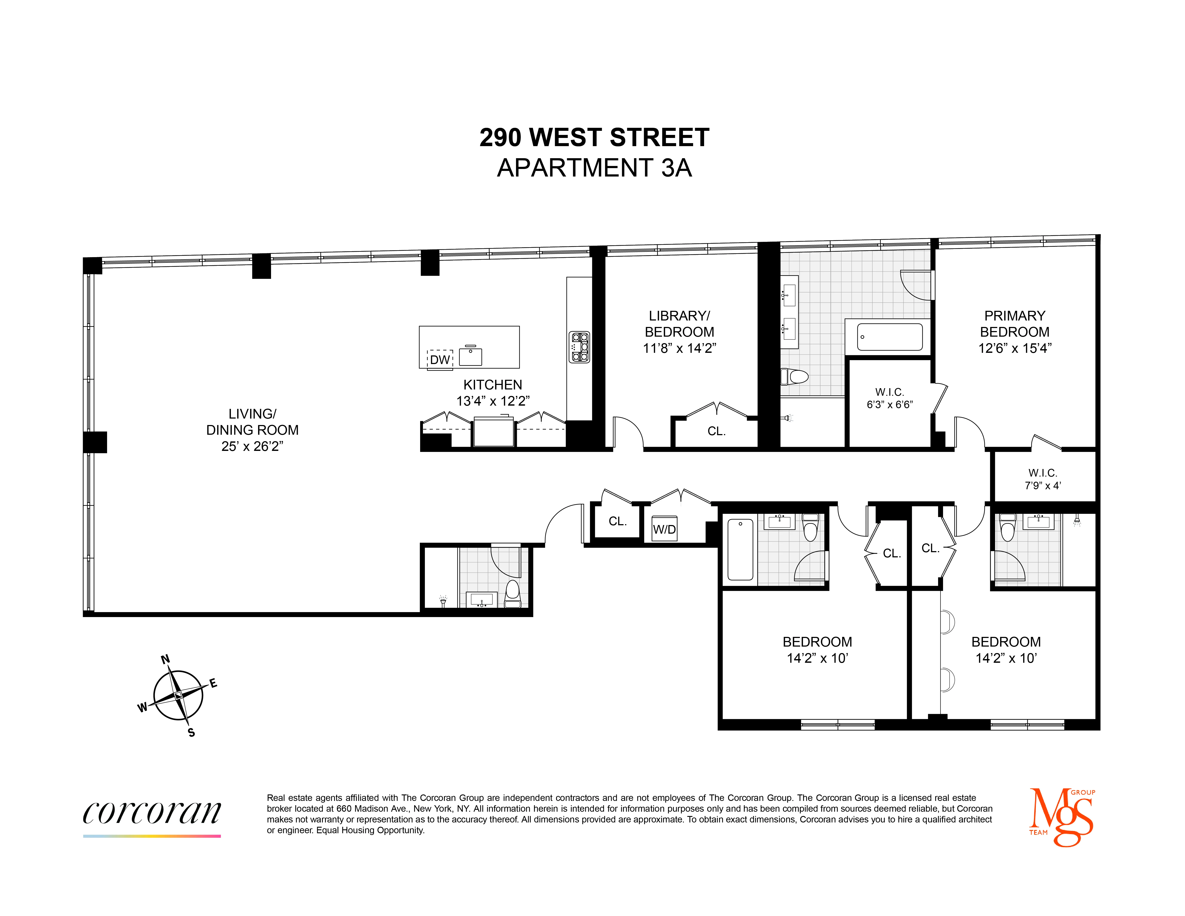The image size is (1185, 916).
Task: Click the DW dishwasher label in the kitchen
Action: point(440,360)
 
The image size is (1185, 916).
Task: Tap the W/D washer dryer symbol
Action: point(664,529)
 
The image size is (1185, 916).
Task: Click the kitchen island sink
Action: point(470,356)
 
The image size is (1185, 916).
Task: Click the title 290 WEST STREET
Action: point(594,137)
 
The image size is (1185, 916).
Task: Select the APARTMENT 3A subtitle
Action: point(594,168)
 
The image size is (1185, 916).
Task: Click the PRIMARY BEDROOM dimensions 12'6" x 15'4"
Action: point(1015,348)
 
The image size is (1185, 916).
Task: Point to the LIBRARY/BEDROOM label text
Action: point(679,324)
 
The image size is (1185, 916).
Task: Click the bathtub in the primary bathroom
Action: point(890,337)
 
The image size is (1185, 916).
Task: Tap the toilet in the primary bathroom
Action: point(795,376)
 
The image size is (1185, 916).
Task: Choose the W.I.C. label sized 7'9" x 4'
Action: point(1042,479)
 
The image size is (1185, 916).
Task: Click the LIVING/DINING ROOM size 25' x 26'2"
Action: point(252,446)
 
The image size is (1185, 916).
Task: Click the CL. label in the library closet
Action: point(716,431)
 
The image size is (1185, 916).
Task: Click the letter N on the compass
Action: point(165,659)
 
